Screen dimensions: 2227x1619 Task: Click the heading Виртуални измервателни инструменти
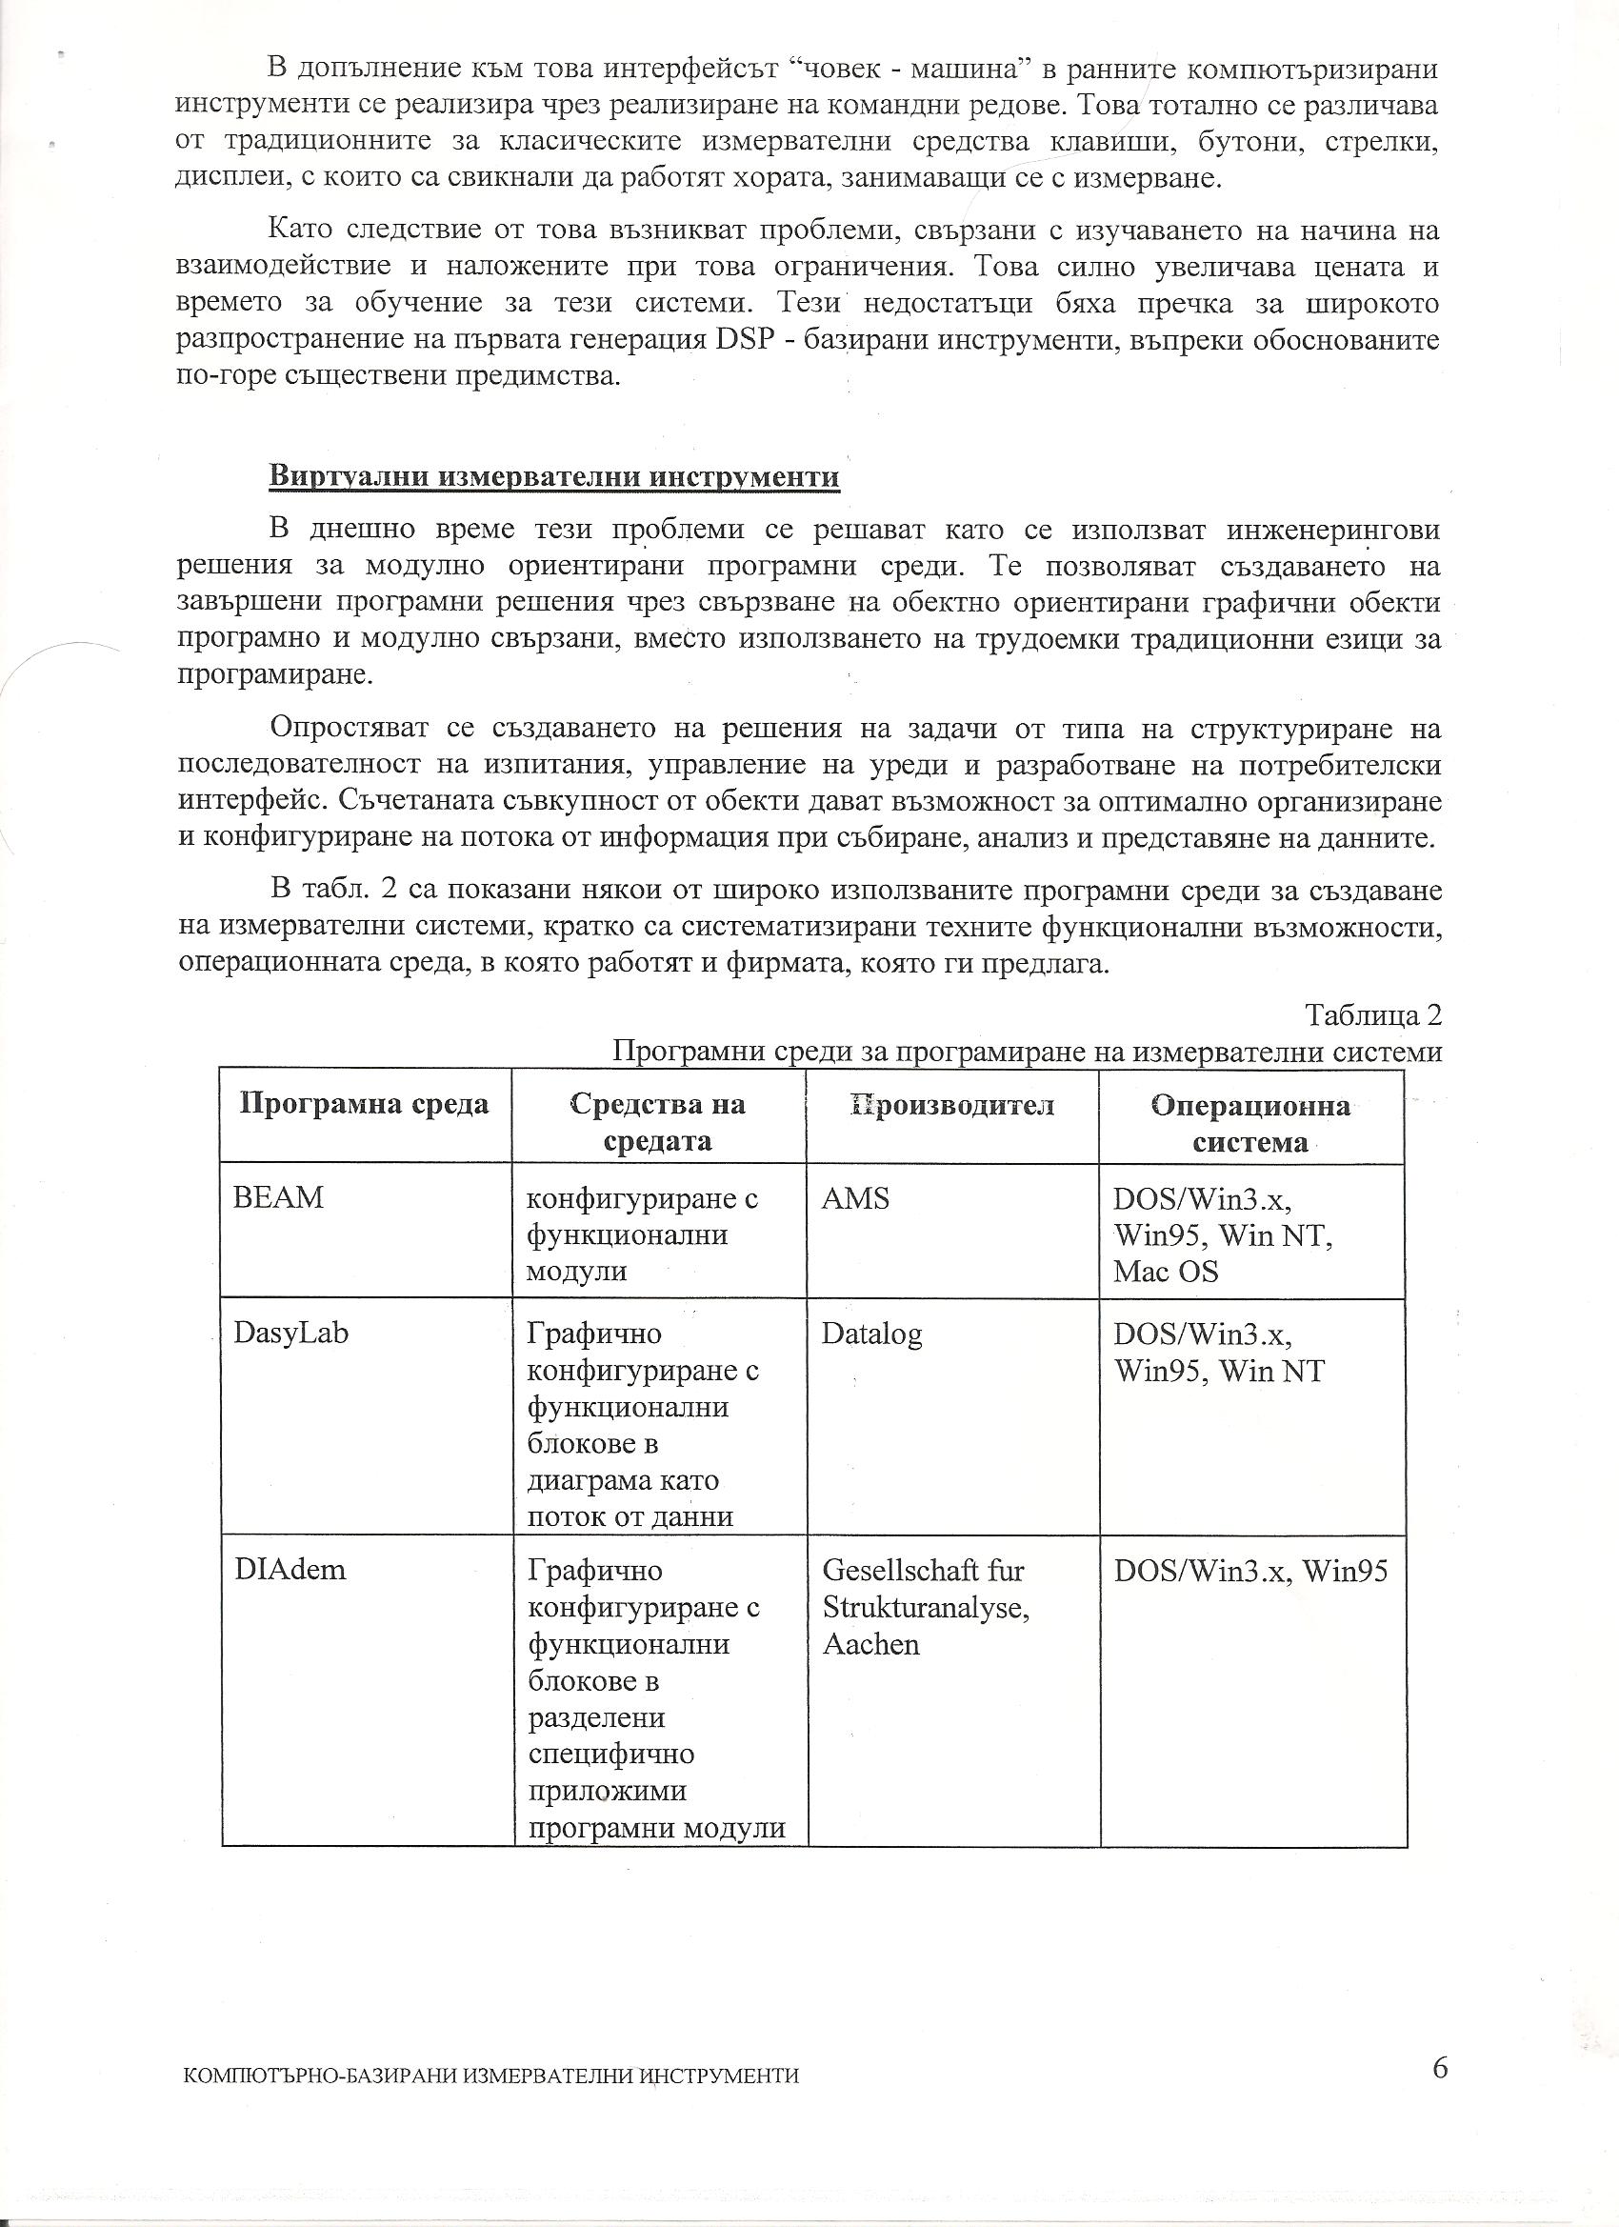point(554,477)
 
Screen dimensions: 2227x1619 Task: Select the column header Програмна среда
point(364,1105)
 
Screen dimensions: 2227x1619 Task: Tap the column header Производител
point(951,1106)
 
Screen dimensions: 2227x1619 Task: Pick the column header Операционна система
point(1249,1123)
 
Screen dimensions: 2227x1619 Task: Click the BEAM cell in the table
point(279,1198)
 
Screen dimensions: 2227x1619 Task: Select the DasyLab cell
point(290,1334)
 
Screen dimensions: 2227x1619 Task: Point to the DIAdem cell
point(290,1570)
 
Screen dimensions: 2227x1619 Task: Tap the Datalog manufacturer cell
point(871,1334)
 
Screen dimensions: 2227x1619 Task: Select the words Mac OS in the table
point(1166,1272)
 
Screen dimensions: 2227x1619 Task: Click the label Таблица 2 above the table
point(1372,1014)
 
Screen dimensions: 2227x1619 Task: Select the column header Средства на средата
point(658,1123)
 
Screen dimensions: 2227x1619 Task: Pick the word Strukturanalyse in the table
point(926,1609)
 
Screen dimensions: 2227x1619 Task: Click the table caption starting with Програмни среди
point(1027,1052)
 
